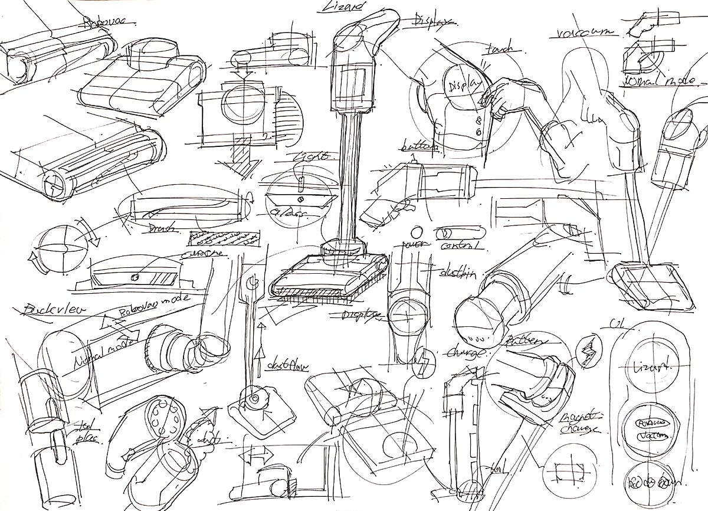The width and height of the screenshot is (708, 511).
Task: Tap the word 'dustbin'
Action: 458,273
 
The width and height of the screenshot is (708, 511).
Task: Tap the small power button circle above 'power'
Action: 418,230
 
